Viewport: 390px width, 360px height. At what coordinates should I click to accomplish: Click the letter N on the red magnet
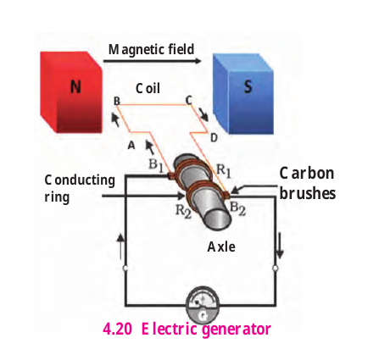click(x=75, y=86)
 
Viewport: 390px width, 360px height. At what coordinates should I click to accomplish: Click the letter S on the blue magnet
click(x=248, y=86)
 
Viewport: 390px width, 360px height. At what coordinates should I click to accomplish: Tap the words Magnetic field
click(x=151, y=50)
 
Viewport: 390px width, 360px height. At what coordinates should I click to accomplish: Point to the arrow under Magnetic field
click(x=153, y=61)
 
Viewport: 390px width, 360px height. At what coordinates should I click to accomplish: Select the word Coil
click(x=148, y=88)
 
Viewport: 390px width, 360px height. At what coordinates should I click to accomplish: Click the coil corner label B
click(x=116, y=101)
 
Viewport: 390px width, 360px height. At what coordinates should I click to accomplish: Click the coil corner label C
click(x=188, y=100)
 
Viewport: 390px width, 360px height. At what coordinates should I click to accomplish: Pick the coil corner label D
click(x=214, y=137)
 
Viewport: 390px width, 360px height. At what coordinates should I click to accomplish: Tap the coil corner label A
click(x=131, y=146)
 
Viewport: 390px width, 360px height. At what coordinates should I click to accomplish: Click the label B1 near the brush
click(x=156, y=165)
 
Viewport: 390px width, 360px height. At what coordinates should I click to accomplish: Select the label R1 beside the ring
click(x=224, y=171)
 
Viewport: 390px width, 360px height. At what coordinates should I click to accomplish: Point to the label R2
click(x=183, y=211)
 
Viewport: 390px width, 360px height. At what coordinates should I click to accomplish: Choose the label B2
click(x=237, y=209)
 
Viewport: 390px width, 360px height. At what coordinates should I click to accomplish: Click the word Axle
click(x=221, y=246)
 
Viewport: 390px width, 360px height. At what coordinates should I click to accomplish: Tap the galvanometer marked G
click(x=203, y=306)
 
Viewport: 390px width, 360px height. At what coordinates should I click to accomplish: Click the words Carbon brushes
click(x=308, y=184)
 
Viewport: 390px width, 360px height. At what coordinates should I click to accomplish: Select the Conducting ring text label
click(x=80, y=188)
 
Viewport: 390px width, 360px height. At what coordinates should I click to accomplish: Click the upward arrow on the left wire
click(x=120, y=246)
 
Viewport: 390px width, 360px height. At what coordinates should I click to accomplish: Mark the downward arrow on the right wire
click(x=280, y=246)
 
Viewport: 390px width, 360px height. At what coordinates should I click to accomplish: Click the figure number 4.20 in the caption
click(x=117, y=329)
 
